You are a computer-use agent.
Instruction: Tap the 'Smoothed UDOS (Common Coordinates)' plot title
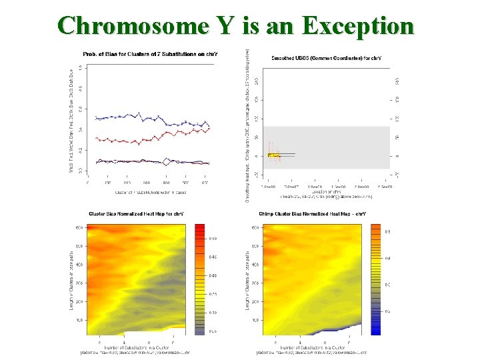[321, 58]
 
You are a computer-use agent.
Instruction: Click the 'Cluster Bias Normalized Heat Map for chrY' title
[137, 214]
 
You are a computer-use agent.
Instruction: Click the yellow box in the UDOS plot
[273, 155]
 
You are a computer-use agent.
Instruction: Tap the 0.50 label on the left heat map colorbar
[213, 238]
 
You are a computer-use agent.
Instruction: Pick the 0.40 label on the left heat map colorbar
[213, 275]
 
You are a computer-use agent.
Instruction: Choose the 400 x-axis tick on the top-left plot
[166, 183]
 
